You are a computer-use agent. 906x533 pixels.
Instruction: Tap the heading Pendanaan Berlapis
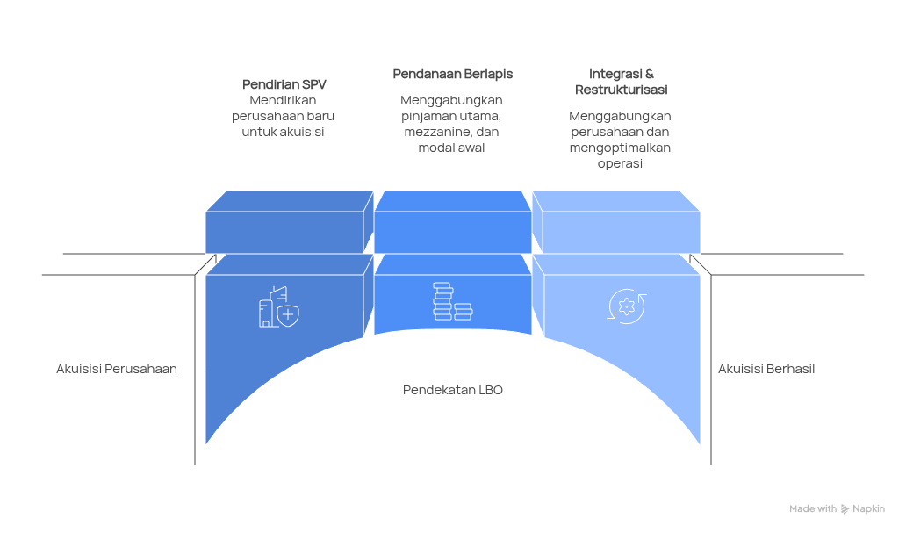click(x=452, y=75)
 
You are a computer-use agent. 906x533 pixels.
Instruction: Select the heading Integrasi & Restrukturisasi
click(x=621, y=82)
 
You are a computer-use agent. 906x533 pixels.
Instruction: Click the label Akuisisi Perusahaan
click(x=117, y=369)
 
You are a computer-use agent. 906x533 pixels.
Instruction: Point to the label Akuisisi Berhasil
click(x=766, y=369)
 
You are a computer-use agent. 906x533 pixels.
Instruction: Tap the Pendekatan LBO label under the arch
click(x=453, y=390)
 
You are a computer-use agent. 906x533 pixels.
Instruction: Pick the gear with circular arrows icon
click(x=627, y=306)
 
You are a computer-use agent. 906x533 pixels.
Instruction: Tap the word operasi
click(x=620, y=163)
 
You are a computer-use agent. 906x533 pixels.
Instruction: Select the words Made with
click(x=812, y=508)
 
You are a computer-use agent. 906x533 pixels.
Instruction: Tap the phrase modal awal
click(x=452, y=148)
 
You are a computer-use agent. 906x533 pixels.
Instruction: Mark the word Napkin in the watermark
click(x=868, y=508)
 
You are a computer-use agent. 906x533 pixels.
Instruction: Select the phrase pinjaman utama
click(x=450, y=116)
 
